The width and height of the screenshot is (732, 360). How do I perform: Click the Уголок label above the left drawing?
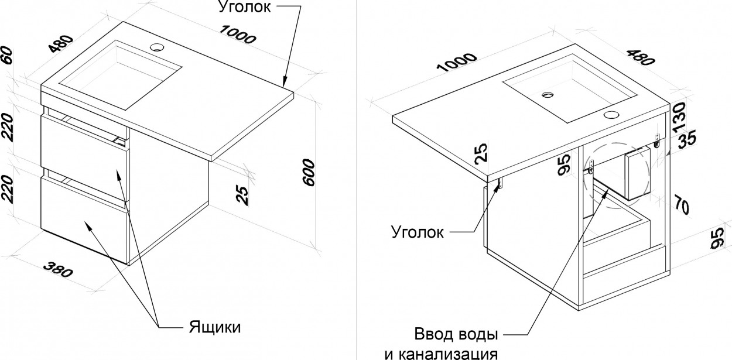click(244, 6)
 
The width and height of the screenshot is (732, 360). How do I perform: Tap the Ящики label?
click(215, 327)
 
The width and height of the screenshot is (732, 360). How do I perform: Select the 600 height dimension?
click(309, 173)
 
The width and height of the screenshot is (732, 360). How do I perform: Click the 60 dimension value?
click(6, 56)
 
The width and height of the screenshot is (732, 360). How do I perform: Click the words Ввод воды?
click(456, 334)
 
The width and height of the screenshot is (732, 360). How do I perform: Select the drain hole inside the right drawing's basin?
click(548, 95)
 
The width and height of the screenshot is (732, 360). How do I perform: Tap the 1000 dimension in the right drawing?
click(457, 63)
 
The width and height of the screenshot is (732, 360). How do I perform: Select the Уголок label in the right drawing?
click(418, 232)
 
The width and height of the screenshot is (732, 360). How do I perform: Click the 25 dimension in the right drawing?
click(481, 153)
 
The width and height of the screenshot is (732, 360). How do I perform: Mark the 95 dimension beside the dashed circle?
click(565, 165)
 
